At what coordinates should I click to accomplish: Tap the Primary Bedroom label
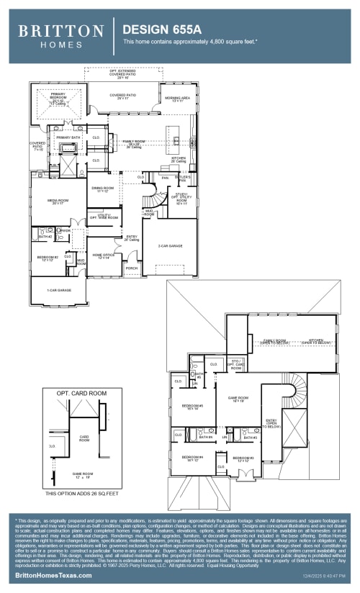pyautogui.click(x=58, y=97)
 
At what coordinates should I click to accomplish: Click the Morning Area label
pyautogui.click(x=176, y=99)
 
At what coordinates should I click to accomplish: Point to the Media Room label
pyautogui.click(x=58, y=202)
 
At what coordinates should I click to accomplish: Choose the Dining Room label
pyautogui.click(x=105, y=189)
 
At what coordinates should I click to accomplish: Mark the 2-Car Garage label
pyautogui.click(x=170, y=246)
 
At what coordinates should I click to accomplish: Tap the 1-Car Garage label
pyautogui.click(x=60, y=290)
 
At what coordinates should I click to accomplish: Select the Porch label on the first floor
pyautogui.click(x=131, y=268)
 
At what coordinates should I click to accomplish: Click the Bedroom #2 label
pyautogui.click(x=48, y=258)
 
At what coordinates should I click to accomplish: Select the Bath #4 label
pyautogui.click(x=205, y=437)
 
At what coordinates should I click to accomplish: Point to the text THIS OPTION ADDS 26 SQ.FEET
pyautogui.click(x=81, y=494)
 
